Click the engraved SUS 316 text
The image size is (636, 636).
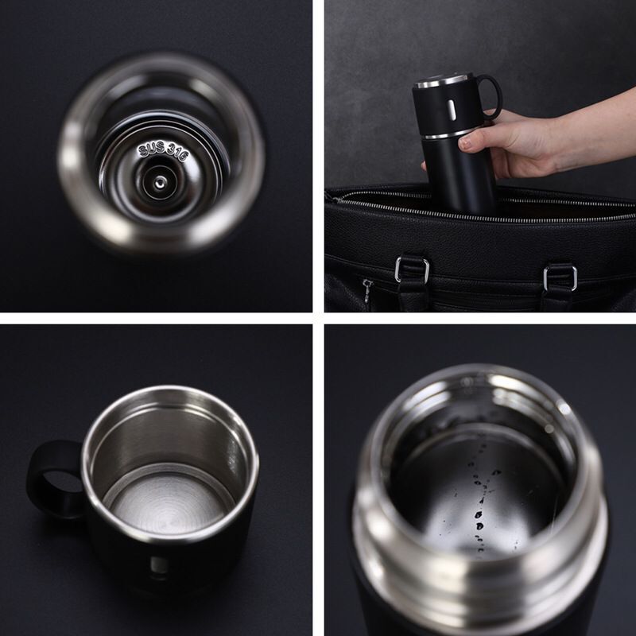coord(163,151)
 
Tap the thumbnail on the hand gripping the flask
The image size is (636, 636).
coord(468,142)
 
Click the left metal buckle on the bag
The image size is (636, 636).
coord(412,270)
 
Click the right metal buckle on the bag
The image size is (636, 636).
coord(560,276)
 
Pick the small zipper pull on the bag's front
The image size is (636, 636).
coord(367,292)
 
